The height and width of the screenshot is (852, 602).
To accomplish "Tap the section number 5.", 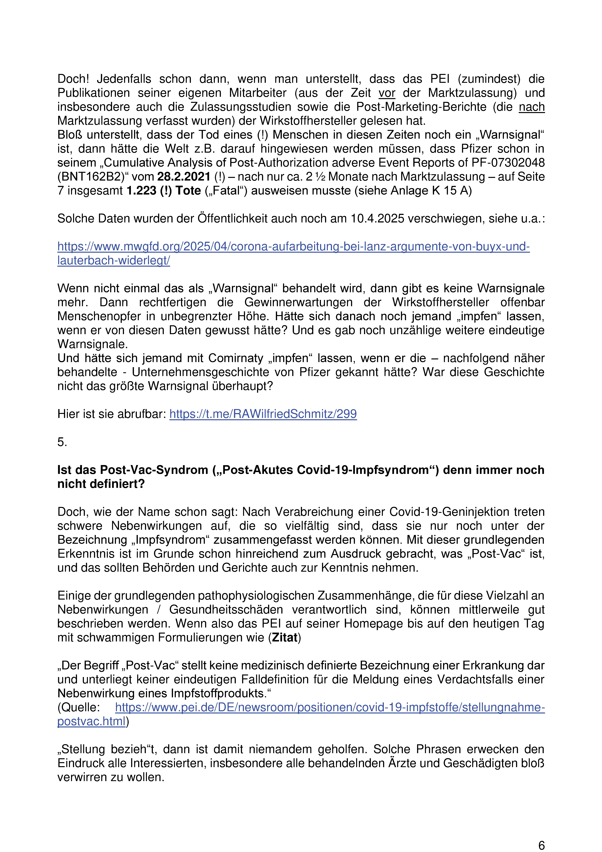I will tap(62, 442).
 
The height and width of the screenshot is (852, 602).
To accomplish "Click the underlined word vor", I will tap(387, 93).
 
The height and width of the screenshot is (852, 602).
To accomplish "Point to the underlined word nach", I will tap(531, 107).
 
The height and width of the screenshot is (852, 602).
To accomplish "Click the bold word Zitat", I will tap(285, 638).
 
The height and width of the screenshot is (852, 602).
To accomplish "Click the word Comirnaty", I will tap(236, 358).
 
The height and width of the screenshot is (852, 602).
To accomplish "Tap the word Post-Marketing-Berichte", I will tap(421, 107).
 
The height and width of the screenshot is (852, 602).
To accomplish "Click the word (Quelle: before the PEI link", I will tap(79, 707).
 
